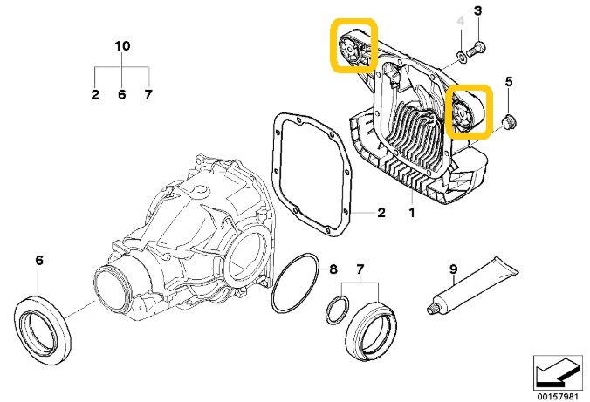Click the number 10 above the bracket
[x=122, y=44]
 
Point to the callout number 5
[x=509, y=83]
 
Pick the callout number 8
[x=333, y=269]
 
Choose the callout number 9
[x=453, y=269]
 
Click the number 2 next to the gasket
[x=381, y=211]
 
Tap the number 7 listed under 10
[x=148, y=94]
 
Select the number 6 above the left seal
[x=38, y=260]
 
